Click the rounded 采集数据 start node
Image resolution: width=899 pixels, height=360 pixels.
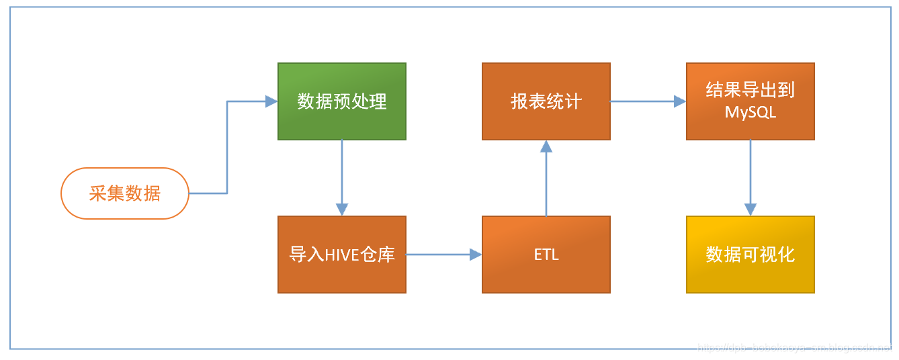125,193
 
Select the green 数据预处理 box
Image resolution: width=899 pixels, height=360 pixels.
342,101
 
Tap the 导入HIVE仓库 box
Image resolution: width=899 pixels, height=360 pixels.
342,255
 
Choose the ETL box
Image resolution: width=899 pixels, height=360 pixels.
546,255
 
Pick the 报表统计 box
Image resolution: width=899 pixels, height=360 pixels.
546,101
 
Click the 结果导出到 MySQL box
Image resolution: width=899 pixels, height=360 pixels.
751,101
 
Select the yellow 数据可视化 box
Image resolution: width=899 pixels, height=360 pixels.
751,255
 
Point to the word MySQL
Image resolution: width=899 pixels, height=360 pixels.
751,113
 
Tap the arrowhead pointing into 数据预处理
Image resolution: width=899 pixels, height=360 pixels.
272,101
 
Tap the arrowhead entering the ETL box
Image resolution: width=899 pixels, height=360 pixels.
476,255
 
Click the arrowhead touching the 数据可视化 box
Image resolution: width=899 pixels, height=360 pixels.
751,210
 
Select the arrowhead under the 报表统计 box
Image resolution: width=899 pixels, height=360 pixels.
546,146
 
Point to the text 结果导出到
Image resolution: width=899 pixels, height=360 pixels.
751,91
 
